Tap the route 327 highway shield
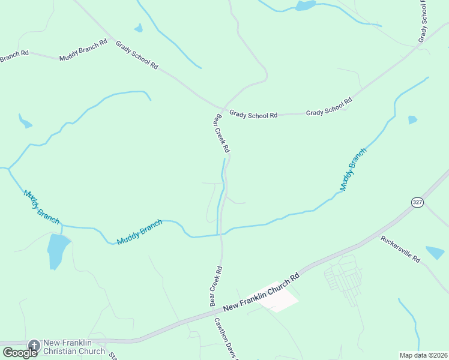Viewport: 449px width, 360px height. (417, 202)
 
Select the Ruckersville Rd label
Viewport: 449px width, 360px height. (400, 247)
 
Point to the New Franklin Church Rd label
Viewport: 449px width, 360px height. (261, 293)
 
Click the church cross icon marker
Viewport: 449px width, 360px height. (34, 346)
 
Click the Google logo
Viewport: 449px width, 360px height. (20, 352)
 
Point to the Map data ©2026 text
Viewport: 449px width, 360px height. (424, 355)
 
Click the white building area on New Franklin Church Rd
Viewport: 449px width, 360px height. (278, 296)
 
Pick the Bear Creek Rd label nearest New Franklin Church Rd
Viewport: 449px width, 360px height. (215, 287)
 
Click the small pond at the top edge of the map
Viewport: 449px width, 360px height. (305, 6)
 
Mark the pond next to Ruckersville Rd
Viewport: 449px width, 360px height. (435, 253)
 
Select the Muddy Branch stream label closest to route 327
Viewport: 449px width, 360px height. (352, 170)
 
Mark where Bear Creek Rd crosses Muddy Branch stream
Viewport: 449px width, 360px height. (221, 233)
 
